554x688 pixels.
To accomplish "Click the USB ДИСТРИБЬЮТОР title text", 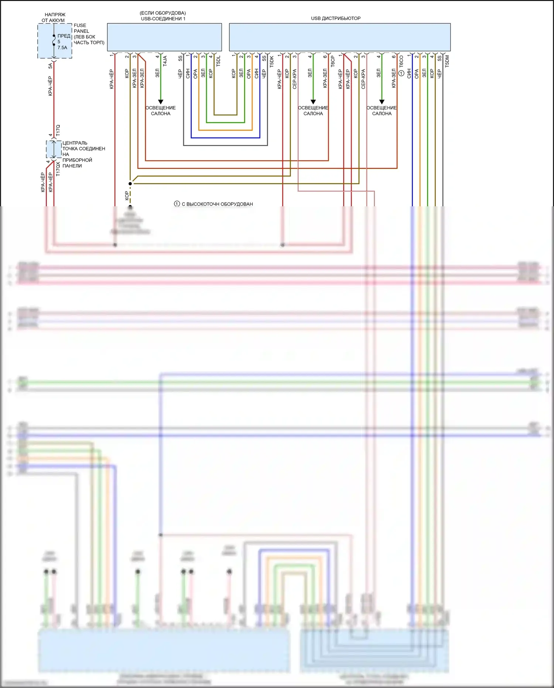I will [336, 18].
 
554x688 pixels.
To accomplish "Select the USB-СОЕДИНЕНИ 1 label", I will [163, 18].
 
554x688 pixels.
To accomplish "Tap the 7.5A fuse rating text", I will [62, 48].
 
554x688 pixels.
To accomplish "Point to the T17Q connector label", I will [58, 131].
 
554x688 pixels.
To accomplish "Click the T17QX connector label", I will [58, 169].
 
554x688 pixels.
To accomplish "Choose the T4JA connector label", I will [165, 61].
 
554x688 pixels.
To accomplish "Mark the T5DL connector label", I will [218, 61].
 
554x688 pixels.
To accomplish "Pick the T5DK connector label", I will [272, 61].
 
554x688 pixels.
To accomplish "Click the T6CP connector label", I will [333, 61].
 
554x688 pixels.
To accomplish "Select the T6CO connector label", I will [401, 61].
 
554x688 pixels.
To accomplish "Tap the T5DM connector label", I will [447, 61].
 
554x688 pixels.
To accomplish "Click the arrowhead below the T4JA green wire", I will [161, 102].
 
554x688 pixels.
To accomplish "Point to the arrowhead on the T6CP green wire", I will [313, 102].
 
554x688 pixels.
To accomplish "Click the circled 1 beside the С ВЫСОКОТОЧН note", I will [177, 204].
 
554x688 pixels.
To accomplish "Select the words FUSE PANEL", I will [81, 28].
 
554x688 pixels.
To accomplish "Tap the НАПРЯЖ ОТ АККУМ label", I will [54, 17].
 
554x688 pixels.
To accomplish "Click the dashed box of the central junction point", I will [54, 149].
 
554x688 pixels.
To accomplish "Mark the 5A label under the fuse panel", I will [50, 66].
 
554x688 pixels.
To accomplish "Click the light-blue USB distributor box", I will [339, 37].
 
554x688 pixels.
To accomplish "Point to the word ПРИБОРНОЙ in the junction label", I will [77, 160].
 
